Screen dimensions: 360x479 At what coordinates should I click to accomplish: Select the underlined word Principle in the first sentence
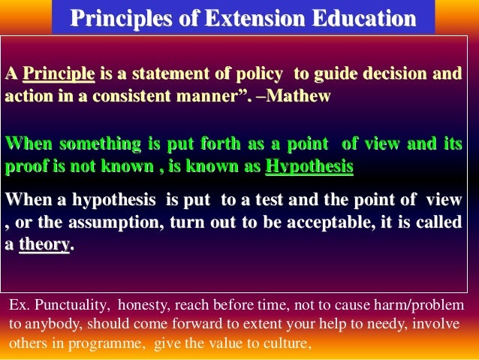(59, 74)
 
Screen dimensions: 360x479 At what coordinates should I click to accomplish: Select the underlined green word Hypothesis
(309, 166)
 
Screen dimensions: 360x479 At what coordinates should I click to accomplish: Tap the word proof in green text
(27, 166)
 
